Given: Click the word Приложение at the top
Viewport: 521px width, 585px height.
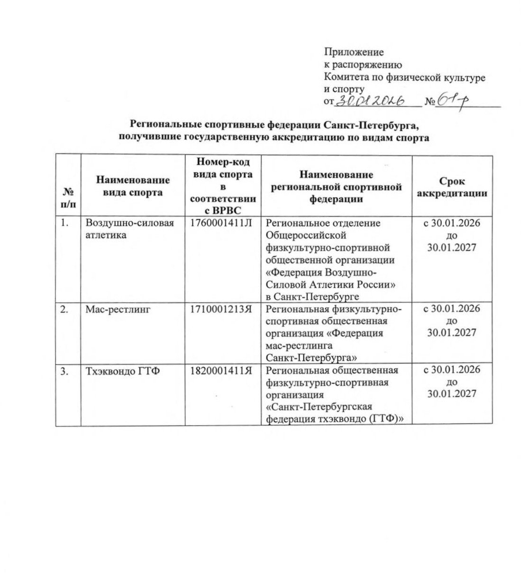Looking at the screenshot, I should (x=354, y=52).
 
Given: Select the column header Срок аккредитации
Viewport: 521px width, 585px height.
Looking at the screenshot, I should (x=452, y=187).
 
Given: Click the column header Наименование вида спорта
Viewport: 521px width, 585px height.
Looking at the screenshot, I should (x=133, y=186).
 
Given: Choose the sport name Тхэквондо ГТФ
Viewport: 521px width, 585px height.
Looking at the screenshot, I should (x=122, y=370).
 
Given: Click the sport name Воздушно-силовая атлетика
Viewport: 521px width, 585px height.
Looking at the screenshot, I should (x=129, y=229).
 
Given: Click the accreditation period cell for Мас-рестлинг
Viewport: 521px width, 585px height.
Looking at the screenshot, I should (x=452, y=320).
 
